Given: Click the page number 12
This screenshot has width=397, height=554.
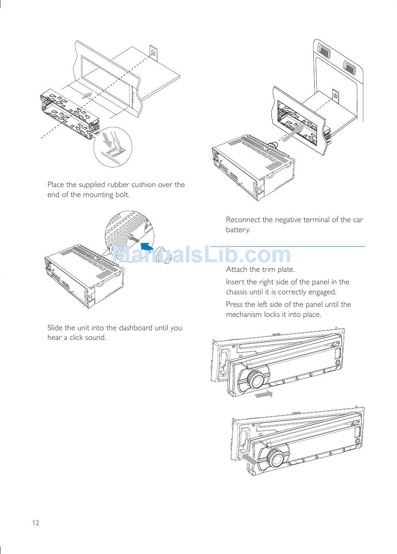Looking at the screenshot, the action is (x=36, y=523).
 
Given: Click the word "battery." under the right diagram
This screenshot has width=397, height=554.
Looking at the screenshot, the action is (x=238, y=230).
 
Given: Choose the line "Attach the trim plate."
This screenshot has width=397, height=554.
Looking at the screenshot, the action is (x=260, y=269).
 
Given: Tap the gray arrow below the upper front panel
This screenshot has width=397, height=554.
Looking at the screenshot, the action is (x=264, y=394).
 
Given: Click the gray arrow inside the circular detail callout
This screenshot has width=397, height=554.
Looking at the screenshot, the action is (x=107, y=140).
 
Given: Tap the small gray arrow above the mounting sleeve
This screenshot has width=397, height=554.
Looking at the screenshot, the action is (x=87, y=95).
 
